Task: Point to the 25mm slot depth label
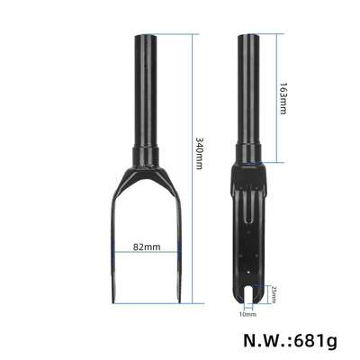pyautogui.click(x=275, y=292)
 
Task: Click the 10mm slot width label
pyautogui.click(x=248, y=314)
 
